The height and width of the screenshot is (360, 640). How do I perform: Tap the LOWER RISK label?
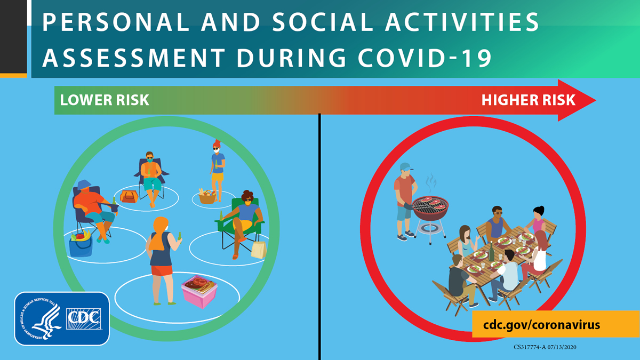[x=105, y=100]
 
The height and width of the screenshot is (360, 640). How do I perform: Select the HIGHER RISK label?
[x=528, y=100]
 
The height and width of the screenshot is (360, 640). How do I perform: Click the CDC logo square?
[x=84, y=318]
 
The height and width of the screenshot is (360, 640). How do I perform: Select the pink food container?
[x=199, y=291]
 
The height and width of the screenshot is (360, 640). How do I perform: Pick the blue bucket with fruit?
[x=81, y=244]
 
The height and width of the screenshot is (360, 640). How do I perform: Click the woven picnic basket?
[x=207, y=196]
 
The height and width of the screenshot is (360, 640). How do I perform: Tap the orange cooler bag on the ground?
[x=130, y=196]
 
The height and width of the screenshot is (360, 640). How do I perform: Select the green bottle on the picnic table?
[x=491, y=251]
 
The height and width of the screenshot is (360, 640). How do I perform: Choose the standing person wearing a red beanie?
[x=217, y=165]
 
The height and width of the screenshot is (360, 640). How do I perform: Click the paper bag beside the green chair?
[x=259, y=249]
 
